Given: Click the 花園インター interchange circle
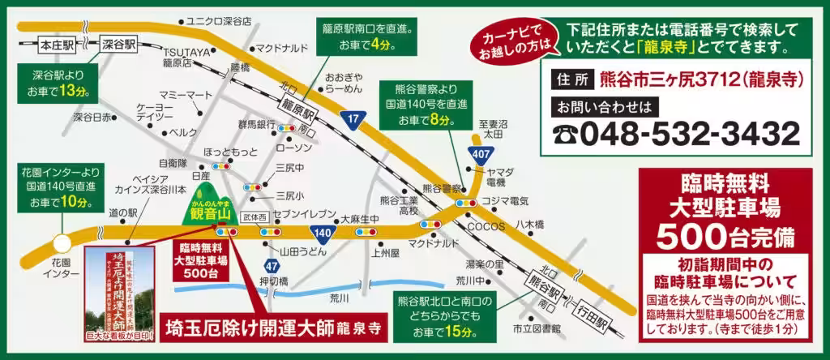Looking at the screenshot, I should pyautogui.click(x=61, y=243).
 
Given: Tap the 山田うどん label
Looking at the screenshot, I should pyautogui.click(x=303, y=252).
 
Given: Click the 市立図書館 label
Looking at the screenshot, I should pyautogui.click(x=537, y=328).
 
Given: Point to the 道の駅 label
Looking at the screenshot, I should pyautogui.click(x=122, y=212).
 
